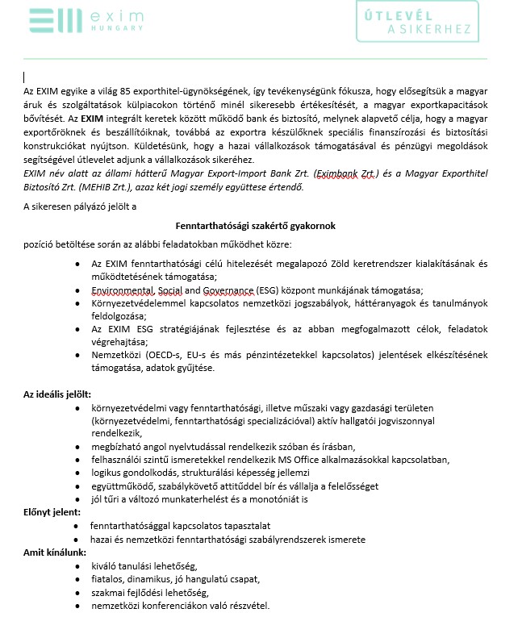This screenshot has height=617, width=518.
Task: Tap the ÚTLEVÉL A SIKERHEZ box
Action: [x=423, y=21]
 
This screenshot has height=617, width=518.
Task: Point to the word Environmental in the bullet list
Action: [x=122, y=290]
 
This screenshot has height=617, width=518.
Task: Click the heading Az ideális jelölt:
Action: [x=57, y=394]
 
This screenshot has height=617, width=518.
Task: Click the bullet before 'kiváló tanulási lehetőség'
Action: [x=76, y=566]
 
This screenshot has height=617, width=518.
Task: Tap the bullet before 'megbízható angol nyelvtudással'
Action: [x=76, y=447]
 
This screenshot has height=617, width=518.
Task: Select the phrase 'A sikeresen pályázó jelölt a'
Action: [x=79, y=207]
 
